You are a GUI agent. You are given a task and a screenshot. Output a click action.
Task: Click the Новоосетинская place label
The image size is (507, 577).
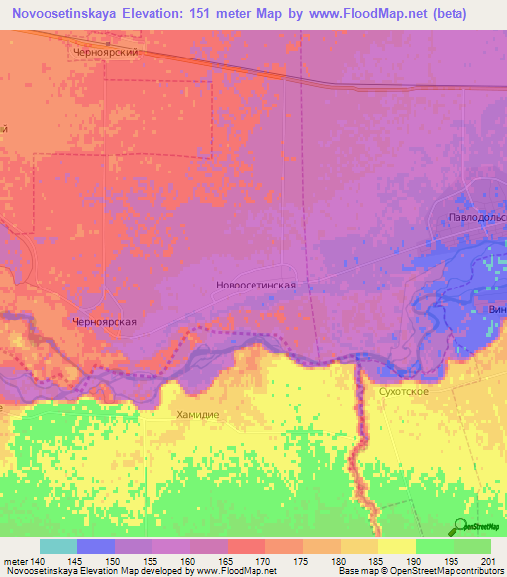click(255, 285)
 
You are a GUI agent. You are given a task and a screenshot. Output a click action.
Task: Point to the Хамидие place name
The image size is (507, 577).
click(196, 415)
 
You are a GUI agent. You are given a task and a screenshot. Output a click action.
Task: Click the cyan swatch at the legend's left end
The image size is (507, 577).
click(57, 546)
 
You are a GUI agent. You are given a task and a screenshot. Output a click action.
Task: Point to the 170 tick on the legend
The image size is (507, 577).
click(264, 561)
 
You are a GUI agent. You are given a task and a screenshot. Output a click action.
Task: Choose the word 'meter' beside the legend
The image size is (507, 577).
click(14, 561)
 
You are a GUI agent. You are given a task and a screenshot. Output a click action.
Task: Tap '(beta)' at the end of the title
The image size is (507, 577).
click(468, 14)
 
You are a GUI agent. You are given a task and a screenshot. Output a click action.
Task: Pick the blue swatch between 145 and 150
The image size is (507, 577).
click(95, 546)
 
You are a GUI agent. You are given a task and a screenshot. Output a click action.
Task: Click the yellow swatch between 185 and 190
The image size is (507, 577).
click(396, 546)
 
